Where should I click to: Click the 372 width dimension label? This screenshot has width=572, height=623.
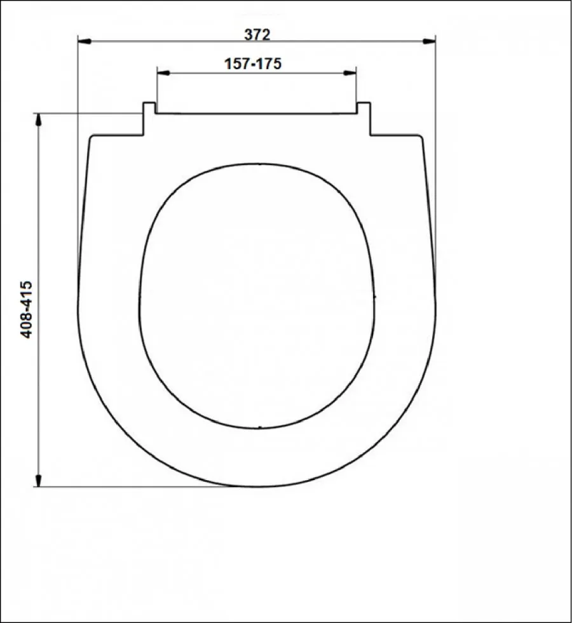257,34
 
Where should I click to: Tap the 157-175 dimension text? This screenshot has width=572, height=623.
253,64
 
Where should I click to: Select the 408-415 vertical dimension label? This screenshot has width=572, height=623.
26,309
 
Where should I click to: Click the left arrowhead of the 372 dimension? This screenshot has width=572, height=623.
85,41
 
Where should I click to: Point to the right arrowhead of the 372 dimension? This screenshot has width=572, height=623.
428,41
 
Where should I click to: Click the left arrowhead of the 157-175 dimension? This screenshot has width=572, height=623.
163,72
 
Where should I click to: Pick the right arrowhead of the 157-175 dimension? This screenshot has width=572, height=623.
350,72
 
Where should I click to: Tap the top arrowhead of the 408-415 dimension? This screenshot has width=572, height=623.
39,120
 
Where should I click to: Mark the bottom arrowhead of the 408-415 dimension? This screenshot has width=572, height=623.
39,480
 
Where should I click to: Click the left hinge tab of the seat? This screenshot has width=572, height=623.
149,118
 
